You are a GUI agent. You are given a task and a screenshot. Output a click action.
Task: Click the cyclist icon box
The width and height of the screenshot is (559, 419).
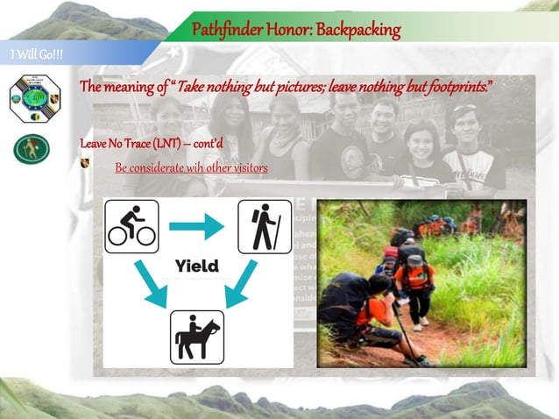coord(132,226)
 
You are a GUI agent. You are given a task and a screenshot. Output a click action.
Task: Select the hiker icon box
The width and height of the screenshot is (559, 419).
coord(265,226)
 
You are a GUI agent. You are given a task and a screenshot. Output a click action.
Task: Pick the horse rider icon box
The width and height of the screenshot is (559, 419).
coord(196,336)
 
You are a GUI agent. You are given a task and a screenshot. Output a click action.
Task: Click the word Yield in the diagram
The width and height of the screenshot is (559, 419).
coord(196,266)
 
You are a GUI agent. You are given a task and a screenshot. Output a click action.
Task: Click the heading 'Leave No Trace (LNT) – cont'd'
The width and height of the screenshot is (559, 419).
coord(152,142)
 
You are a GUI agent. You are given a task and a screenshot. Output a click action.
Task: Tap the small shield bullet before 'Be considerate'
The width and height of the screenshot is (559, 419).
coord(85,164)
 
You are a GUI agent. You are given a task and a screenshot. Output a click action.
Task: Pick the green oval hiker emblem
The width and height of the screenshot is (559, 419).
coord(32,149)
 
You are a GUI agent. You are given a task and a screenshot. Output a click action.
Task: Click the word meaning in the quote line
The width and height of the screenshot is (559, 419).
coord(131,88)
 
